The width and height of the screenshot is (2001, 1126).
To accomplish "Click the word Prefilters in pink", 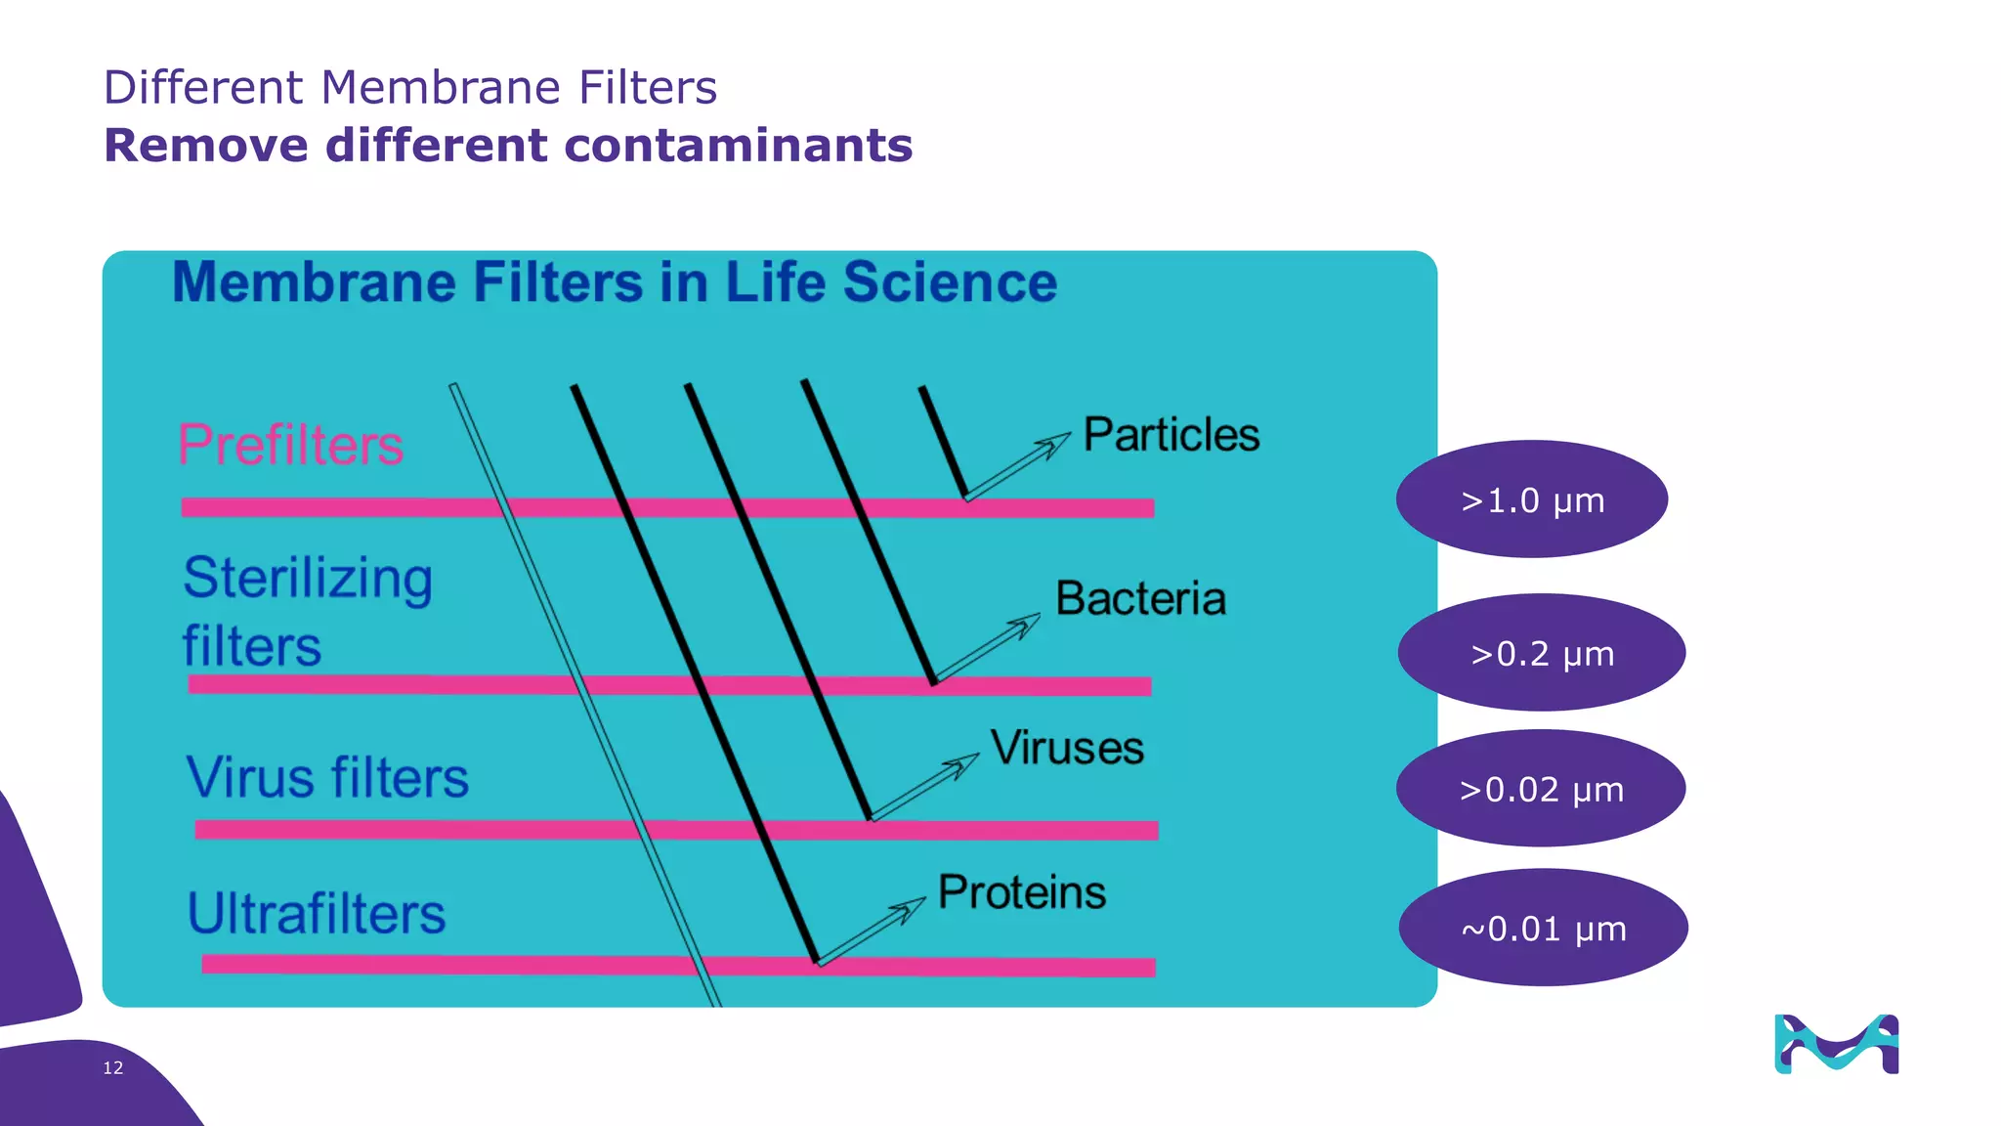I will [290, 445].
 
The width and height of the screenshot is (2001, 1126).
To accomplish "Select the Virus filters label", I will [327, 778].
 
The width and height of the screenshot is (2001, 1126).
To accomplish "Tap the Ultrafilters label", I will [316, 914].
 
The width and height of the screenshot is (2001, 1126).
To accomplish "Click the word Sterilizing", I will [308, 578].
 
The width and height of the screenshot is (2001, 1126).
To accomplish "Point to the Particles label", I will [1171, 435].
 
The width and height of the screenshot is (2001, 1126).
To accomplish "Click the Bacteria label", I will [1140, 598].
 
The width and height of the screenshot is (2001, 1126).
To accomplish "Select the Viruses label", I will [1067, 749].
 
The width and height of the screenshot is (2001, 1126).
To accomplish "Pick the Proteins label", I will [1022, 892].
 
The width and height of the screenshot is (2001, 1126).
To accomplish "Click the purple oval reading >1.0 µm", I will [1531, 499].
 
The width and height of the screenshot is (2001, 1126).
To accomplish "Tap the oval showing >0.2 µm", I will [1541, 653].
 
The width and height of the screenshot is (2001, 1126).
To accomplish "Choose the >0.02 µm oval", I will [1540, 789].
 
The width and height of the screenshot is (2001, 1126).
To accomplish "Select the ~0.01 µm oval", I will [1543, 928].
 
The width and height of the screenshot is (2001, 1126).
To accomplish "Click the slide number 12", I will [113, 1067].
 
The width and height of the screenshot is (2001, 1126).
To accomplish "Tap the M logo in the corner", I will [1836, 1044].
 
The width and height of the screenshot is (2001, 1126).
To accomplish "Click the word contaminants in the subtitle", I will [738, 146].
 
